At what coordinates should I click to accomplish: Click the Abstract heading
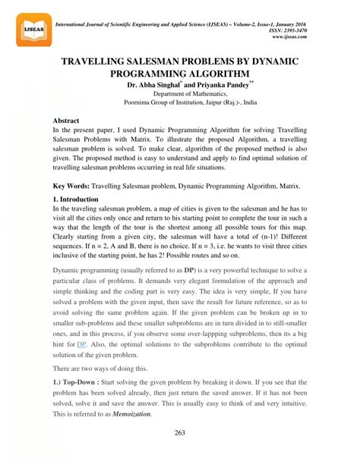(x=69, y=121)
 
